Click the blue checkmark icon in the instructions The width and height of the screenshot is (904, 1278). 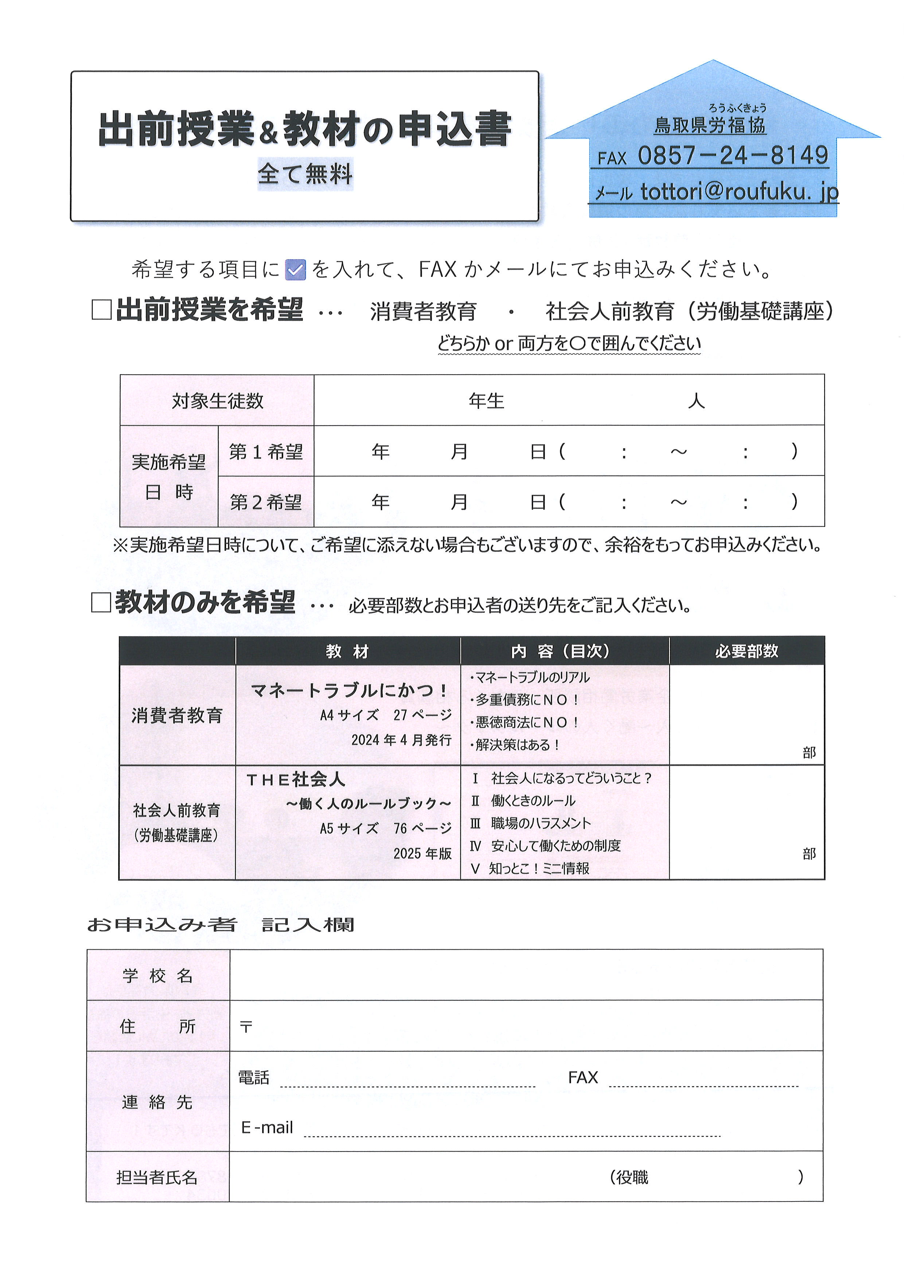point(295,270)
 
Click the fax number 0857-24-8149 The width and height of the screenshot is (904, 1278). point(733,155)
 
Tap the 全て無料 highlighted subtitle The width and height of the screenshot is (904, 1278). point(305,174)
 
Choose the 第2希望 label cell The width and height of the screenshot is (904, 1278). point(266,502)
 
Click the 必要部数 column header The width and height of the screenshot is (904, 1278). point(747,651)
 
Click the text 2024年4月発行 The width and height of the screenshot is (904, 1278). point(401,740)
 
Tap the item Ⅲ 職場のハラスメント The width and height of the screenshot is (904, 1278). point(530,823)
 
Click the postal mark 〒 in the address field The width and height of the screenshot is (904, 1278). point(245,1027)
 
